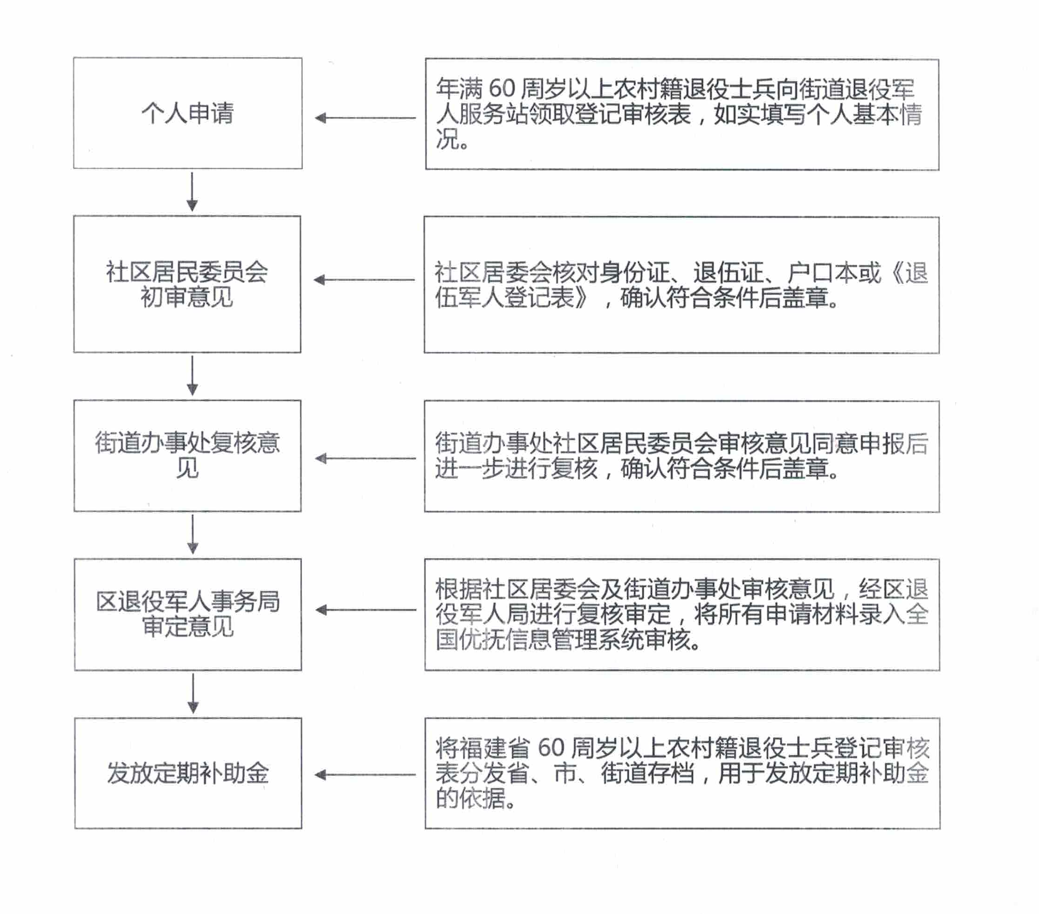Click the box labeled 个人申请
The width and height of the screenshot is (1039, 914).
(x=187, y=113)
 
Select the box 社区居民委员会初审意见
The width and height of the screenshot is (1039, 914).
(x=187, y=284)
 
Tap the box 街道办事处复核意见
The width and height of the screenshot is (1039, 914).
(x=187, y=455)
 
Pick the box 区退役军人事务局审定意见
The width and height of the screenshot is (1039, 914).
(x=188, y=615)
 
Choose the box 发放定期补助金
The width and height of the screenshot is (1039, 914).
(x=188, y=773)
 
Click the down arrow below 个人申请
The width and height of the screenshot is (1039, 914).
(x=192, y=191)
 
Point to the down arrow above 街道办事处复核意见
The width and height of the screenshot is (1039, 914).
(x=192, y=376)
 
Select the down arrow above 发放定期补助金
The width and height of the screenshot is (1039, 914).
(x=193, y=694)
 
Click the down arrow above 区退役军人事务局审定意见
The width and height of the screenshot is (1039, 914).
(x=193, y=534)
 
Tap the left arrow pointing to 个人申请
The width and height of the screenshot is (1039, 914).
(x=365, y=118)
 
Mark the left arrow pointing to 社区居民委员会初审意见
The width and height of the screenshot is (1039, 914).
(x=364, y=280)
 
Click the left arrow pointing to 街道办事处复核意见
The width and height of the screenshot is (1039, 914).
(x=365, y=459)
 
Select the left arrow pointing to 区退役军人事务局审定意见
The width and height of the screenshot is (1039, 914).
(x=365, y=610)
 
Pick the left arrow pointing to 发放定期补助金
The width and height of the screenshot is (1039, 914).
(x=365, y=775)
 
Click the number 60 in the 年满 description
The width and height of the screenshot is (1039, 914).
(x=502, y=89)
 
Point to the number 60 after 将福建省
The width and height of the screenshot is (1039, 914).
(x=551, y=748)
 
